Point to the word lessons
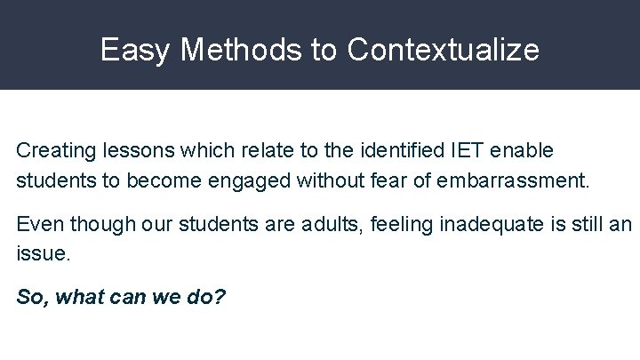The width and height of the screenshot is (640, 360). (x=126, y=151)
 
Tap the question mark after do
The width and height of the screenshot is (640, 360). (x=220, y=296)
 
